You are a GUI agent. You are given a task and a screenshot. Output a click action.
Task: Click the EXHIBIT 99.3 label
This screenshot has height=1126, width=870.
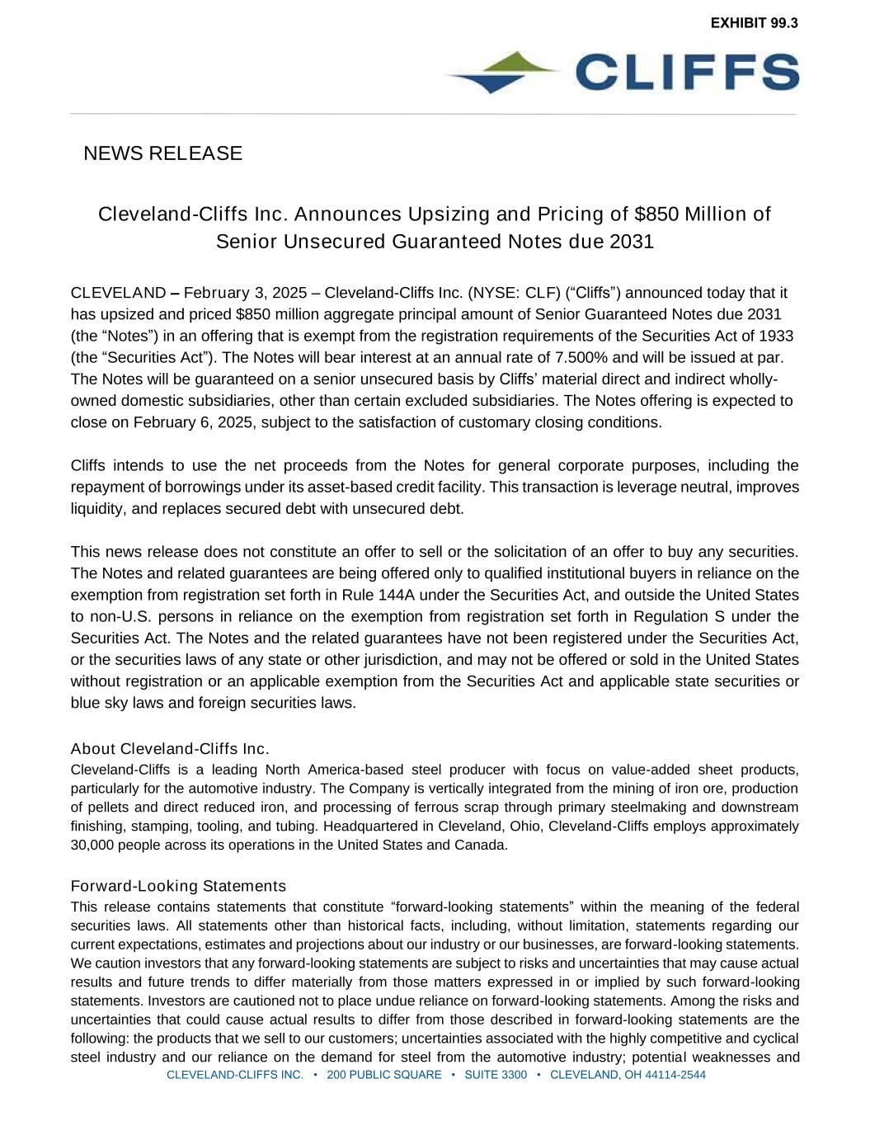tap(754, 23)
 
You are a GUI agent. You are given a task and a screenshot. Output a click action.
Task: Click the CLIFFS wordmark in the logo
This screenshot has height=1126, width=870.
tap(687, 72)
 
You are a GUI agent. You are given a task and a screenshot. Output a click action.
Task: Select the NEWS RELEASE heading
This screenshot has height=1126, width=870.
tap(162, 153)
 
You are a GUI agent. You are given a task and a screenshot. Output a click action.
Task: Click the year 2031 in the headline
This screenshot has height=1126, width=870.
tap(632, 242)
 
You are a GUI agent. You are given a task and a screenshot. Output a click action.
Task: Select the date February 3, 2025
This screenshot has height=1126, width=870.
tap(245, 293)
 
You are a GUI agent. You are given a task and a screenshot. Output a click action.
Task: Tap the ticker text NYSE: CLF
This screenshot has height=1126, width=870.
tap(503, 293)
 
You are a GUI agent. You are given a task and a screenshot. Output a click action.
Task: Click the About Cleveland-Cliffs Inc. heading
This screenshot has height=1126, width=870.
tap(170, 749)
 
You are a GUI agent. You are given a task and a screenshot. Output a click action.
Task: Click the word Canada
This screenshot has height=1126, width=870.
tap(484, 845)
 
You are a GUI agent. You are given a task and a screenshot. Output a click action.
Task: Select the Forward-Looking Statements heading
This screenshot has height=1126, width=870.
tap(178, 886)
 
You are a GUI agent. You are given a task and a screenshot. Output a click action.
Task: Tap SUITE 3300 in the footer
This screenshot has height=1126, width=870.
tap(496, 1075)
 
